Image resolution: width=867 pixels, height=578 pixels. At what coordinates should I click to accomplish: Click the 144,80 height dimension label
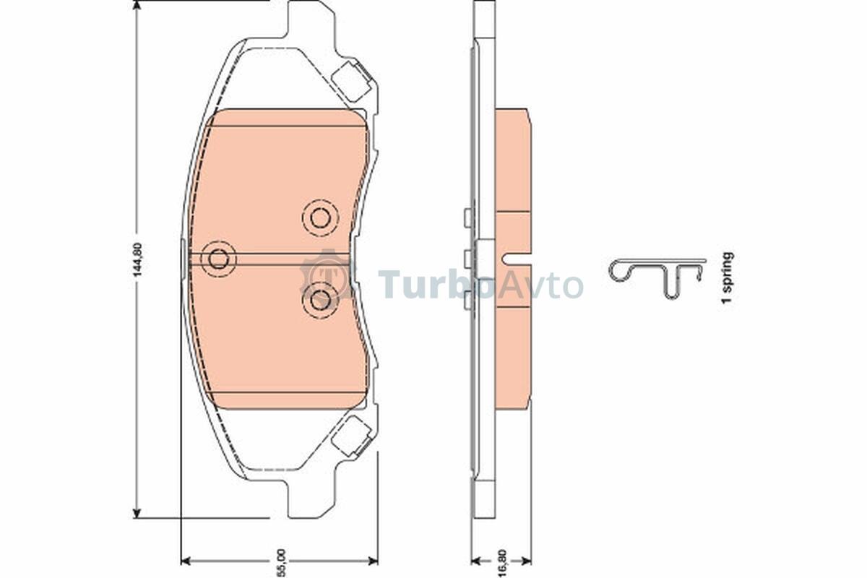coord(138,259)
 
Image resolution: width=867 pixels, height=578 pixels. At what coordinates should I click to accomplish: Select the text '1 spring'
coord(728,277)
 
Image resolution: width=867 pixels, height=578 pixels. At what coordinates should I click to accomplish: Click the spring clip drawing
coord(657,278)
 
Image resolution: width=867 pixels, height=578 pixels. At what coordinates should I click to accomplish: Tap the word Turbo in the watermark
coord(436,285)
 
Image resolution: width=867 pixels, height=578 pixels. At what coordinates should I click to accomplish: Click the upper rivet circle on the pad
coord(320,218)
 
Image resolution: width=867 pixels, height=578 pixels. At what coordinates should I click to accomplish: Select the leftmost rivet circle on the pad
coord(218,259)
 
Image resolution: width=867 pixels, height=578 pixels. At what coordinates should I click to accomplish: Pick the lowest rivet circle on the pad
coord(320,299)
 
